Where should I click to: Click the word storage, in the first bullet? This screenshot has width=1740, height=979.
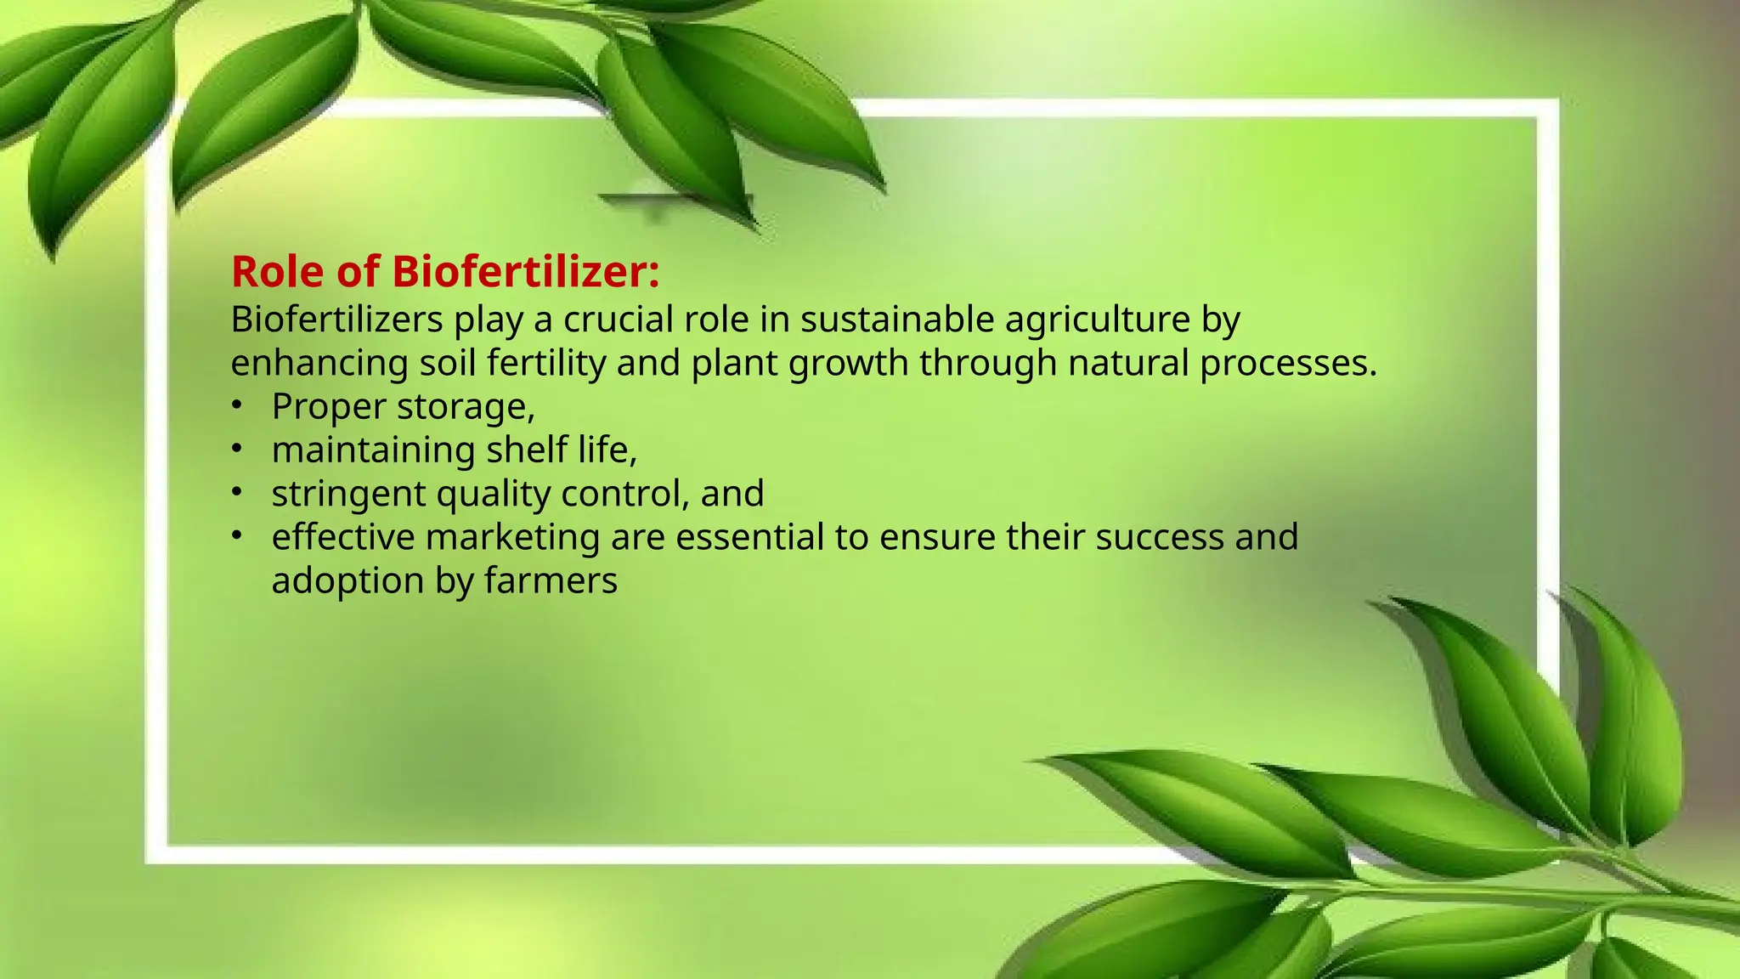click(466, 407)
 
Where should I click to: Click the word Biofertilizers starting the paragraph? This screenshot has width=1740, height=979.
click(336, 320)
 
